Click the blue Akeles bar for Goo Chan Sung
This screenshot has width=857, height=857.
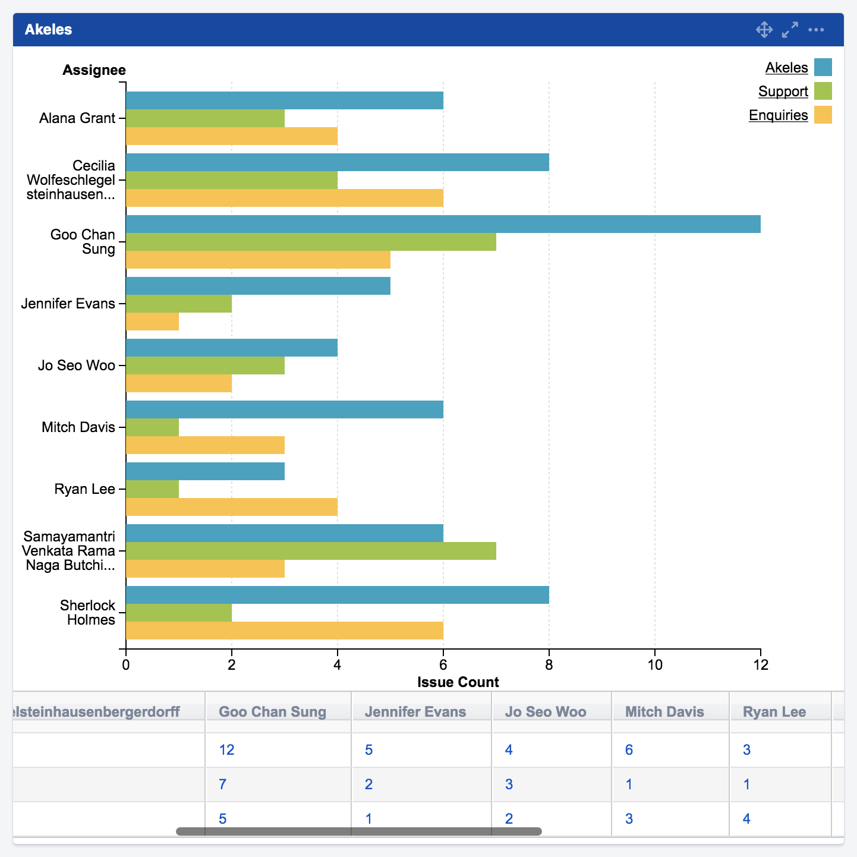[x=443, y=224]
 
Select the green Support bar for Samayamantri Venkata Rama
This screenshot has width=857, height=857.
[x=311, y=551]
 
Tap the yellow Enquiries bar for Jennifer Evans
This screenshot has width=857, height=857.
[x=152, y=322]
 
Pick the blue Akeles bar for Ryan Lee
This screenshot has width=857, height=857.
[x=205, y=471]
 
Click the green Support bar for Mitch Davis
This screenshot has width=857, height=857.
[x=152, y=427]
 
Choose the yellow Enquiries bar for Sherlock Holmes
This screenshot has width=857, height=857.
[x=284, y=631]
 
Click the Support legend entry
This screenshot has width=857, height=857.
[x=783, y=92]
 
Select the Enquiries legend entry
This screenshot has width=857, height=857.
[x=778, y=115]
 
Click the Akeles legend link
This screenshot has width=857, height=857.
[x=786, y=68]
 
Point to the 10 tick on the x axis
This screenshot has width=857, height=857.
[x=654, y=664]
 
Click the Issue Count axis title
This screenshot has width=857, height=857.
[x=458, y=682]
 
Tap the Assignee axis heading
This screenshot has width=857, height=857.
[x=94, y=70]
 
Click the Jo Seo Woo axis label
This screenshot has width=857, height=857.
[x=77, y=366]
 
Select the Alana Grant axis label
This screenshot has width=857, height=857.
[x=77, y=118]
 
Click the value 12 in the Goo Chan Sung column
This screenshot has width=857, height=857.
[x=226, y=750]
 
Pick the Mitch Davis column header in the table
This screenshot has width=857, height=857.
[x=664, y=712]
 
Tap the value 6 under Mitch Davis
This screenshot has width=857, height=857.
[x=629, y=750]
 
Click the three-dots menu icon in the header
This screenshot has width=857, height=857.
[x=816, y=30]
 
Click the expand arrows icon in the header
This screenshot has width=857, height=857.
[x=790, y=30]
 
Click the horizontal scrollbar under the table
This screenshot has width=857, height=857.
[x=358, y=831]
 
